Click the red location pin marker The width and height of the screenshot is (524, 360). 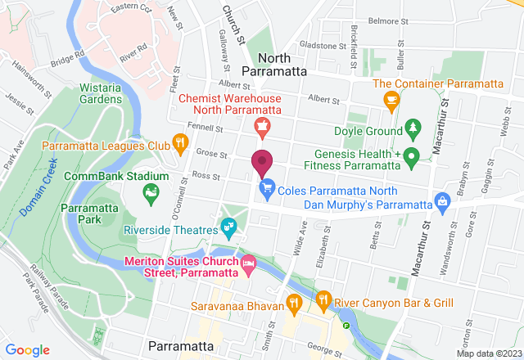click(262, 164)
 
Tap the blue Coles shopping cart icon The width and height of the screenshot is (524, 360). click(267, 189)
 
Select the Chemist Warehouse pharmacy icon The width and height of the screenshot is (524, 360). click(262, 124)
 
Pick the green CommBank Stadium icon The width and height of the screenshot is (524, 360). click(151, 193)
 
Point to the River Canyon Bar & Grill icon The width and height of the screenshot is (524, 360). click(324, 299)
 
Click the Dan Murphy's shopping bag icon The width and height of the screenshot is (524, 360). click(443, 200)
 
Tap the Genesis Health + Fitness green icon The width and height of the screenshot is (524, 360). click(413, 155)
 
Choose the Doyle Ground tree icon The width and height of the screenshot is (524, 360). click(413, 129)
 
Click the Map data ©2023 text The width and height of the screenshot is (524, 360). click(488, 353)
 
